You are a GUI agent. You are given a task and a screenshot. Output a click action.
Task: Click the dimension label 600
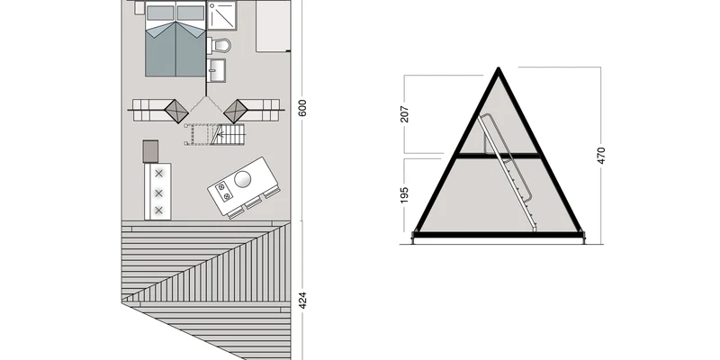302,107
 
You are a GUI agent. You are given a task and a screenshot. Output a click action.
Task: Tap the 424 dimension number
302,300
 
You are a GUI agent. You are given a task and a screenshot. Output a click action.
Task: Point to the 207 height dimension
404,114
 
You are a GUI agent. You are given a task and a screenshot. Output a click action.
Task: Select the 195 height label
404,194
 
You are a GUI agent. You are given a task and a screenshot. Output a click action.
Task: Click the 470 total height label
601,155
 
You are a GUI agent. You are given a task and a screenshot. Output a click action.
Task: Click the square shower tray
221,15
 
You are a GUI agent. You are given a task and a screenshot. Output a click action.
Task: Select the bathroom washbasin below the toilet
216,70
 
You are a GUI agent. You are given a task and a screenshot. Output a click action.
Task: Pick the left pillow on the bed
160,13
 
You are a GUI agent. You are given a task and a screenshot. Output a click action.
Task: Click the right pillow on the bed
191,13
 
